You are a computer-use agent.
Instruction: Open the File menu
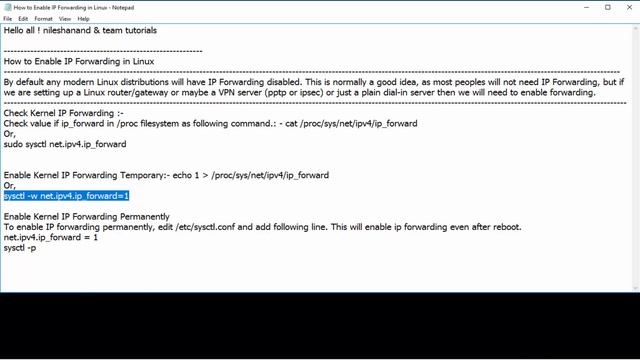click(x=8, y=18)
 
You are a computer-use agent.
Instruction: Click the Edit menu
click(x=23, y=18)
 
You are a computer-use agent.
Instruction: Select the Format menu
click(x=44, y=18)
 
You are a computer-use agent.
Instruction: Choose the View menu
click(x=65, y=18)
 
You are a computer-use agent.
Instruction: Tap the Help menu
click(x=84, y=18)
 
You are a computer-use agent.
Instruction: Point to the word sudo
click(x=13, y=144)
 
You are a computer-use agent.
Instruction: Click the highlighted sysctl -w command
click(x=66, y=196)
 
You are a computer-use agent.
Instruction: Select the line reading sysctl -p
click(x=20, y=247)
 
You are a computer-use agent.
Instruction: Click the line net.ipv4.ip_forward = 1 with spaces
click(x=50, y=237)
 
